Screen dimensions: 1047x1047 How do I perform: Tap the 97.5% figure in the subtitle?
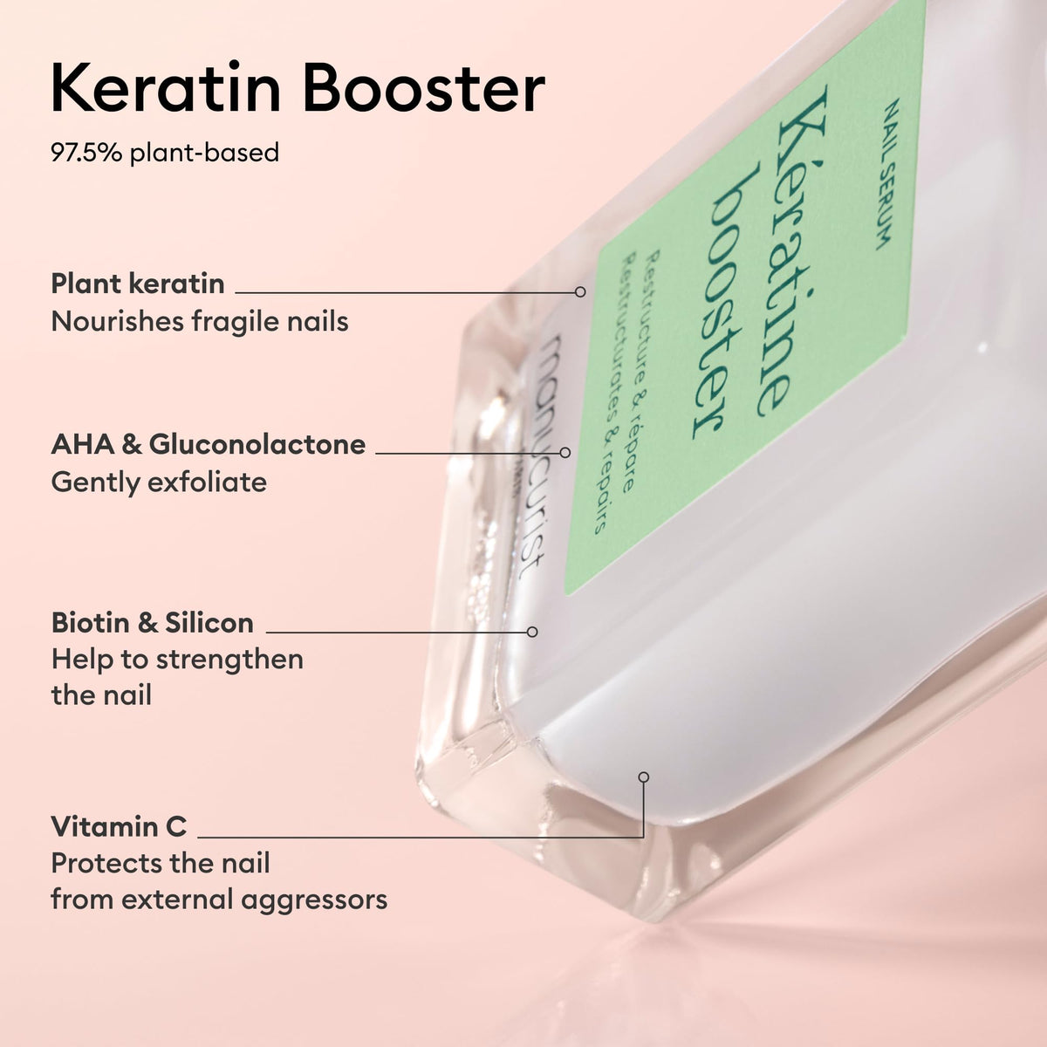point(86,153)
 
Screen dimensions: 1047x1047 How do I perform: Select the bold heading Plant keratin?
point(138,284)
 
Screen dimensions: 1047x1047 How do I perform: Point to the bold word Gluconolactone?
point(257,444)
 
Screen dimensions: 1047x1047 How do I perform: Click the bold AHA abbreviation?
point(83,444)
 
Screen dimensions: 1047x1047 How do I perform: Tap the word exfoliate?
point(207,482)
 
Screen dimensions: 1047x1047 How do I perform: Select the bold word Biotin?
point(90,623)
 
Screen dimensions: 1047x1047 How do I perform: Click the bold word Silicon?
point(209,623)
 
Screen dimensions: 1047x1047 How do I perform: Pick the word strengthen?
point(229,660)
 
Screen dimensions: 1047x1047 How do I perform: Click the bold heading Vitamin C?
point(119,826)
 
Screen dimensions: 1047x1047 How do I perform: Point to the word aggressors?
point(314,900)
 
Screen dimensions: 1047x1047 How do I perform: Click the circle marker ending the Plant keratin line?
point(580,291)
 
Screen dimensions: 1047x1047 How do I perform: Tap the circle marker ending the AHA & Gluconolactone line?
point(565,452)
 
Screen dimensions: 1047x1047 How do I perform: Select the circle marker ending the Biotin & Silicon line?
point(532,632)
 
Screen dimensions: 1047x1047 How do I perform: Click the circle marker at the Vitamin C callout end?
point(644,777)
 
